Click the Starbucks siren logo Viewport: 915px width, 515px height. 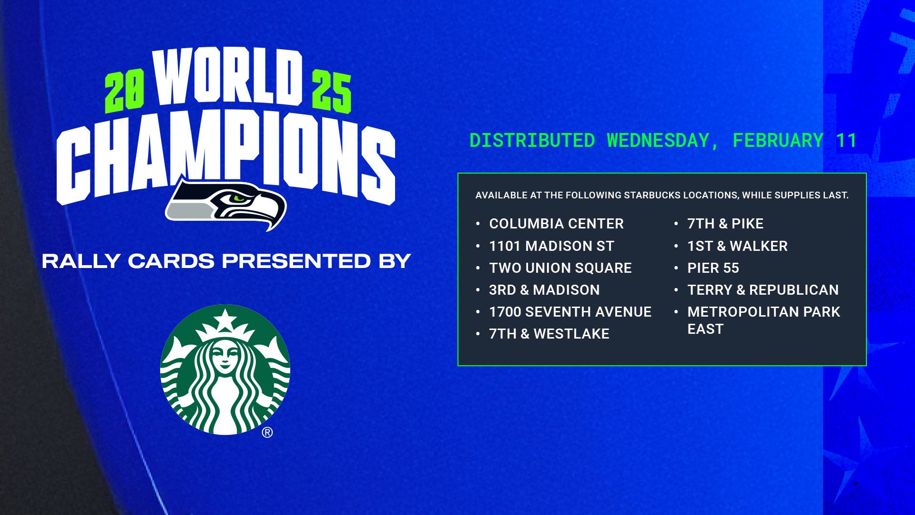225,370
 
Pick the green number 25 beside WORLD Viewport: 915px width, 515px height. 332,92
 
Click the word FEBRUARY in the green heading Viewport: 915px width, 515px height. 778,141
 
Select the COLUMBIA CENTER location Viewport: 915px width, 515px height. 556,224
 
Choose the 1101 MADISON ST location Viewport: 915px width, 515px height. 551,246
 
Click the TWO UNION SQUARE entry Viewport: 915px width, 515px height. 560,268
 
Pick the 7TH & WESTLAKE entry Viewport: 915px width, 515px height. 549,334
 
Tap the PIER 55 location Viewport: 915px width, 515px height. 713,268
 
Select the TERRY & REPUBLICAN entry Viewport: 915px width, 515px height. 762,290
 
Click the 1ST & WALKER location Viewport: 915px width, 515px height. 737,246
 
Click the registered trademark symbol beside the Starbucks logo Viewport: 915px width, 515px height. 267,433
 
